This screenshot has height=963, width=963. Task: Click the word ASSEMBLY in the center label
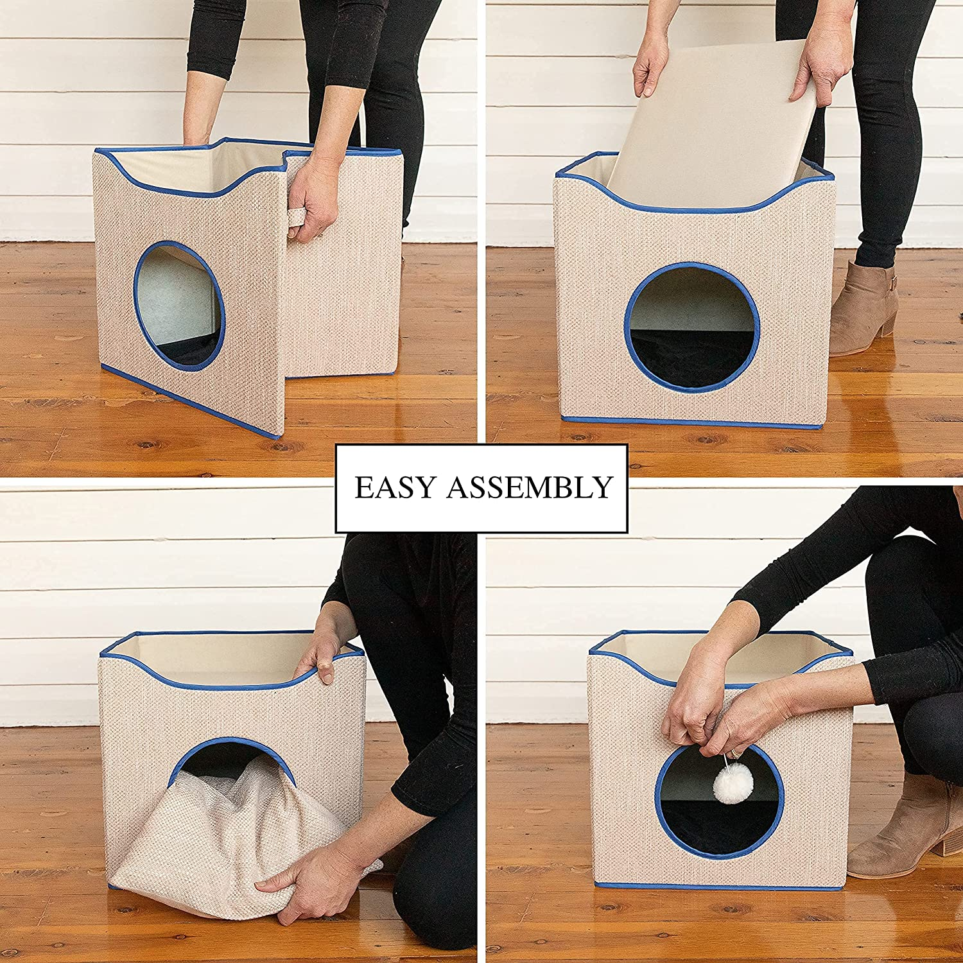tap(530, 488)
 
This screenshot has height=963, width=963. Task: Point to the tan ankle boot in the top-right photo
tap(863, 308)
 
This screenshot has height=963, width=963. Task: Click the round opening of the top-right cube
tap(692, 327)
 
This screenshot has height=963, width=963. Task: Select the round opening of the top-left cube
tap(179, 302)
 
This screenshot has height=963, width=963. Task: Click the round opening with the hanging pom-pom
tap(719, 802)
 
